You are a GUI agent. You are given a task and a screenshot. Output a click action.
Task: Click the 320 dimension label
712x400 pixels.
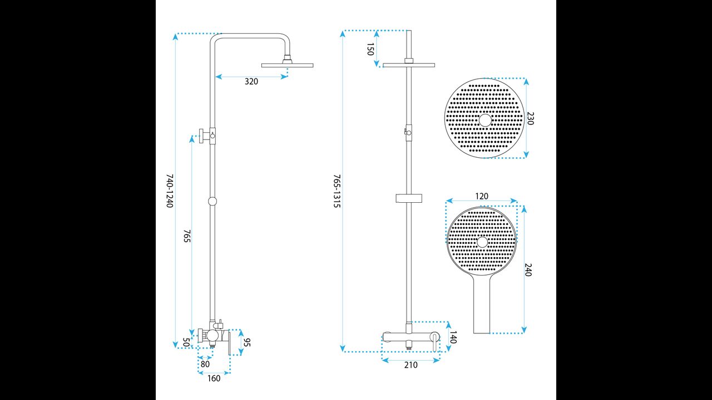click(x=251, y=82)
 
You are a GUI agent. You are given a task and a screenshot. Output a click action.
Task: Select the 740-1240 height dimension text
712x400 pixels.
click(x=170, y=191)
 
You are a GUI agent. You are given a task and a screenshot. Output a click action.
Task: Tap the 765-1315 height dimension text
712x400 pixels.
click(x=337, y=191)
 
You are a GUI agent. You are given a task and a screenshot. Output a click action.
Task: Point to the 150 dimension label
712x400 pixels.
click(x=370, y=49)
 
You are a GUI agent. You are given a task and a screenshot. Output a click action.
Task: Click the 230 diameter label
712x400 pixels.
click(x=531, y=118)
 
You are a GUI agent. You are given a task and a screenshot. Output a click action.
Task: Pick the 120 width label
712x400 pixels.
click(x=482, y=196)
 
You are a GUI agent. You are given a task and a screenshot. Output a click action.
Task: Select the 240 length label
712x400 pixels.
click(x=528, y=270)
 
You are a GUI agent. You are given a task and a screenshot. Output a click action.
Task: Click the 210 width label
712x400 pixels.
click(x=411, y=365)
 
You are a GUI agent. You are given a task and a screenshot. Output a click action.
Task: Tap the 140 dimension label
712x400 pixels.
click(x=453, y=337)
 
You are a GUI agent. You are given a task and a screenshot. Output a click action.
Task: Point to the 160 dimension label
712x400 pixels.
click(x=214, y=378)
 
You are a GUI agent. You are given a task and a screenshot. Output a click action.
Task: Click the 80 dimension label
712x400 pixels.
click(x=205, y=364)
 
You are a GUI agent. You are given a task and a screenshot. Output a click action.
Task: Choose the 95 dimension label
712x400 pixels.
click(x=247, y=343)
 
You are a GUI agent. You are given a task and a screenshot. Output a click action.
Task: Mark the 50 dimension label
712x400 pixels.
click(x=186, y=343)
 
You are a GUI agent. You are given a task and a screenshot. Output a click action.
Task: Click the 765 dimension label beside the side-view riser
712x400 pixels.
click(x=187, y=236)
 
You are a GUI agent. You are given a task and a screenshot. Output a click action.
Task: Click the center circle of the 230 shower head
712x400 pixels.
click(x=485, y=121)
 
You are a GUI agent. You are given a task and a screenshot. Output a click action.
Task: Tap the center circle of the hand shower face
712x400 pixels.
click(x=482, y=242)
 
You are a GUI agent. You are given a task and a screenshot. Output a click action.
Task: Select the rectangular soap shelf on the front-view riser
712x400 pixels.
click(x=409, y=198)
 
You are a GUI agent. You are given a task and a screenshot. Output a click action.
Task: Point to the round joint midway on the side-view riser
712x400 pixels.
click(x=212, y=201)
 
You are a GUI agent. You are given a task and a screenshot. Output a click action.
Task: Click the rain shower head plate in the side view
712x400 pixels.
click(x=288, y=66)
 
